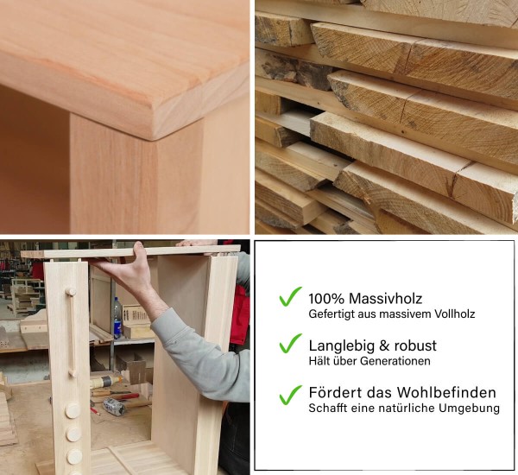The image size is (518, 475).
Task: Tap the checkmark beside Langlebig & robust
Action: [290, 344]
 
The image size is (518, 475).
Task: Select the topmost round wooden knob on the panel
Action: [73, 409]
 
